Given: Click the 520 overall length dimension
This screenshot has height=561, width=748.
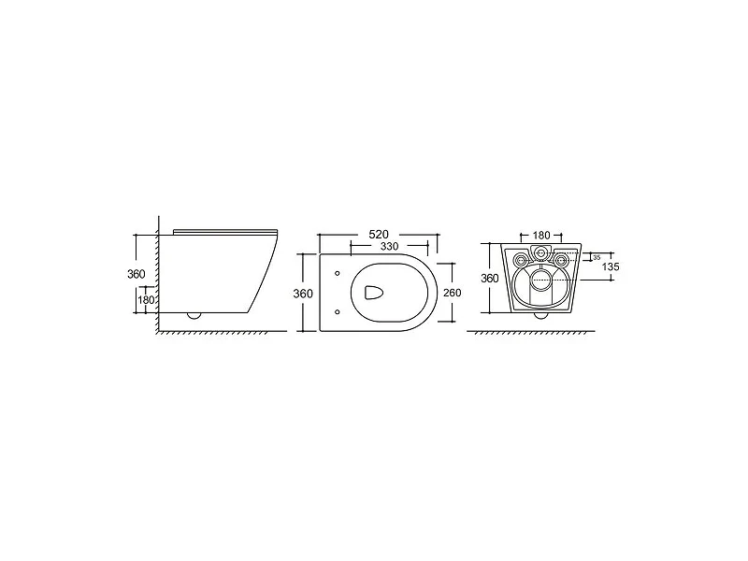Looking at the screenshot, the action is pyautogui.click(x=379, y=235).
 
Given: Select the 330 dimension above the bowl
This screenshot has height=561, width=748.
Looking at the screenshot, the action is pyautogui.click(x=389, y=246).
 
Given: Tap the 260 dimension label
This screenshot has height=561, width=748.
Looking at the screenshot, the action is pyautogui.click(x=453, y=293).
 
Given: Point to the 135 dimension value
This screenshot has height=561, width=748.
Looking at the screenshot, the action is pyautogui.click(x=611, y=266).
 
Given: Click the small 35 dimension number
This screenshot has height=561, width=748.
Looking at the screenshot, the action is pyautogui.click(x=597, y=258).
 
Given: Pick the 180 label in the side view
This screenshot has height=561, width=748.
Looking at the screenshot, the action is pyautogui.click(x=146, y=300).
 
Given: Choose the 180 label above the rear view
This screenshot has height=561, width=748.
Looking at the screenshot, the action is pyautogui.click(x=541, y=236).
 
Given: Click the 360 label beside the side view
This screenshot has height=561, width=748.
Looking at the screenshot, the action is pyautogui.click(x=136, y=274).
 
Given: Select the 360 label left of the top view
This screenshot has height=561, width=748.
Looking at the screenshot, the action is pyautogui.click(x=303, y=294).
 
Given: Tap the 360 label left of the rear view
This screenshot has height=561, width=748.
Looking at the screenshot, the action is pyautogui.click(x=489, y=278).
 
